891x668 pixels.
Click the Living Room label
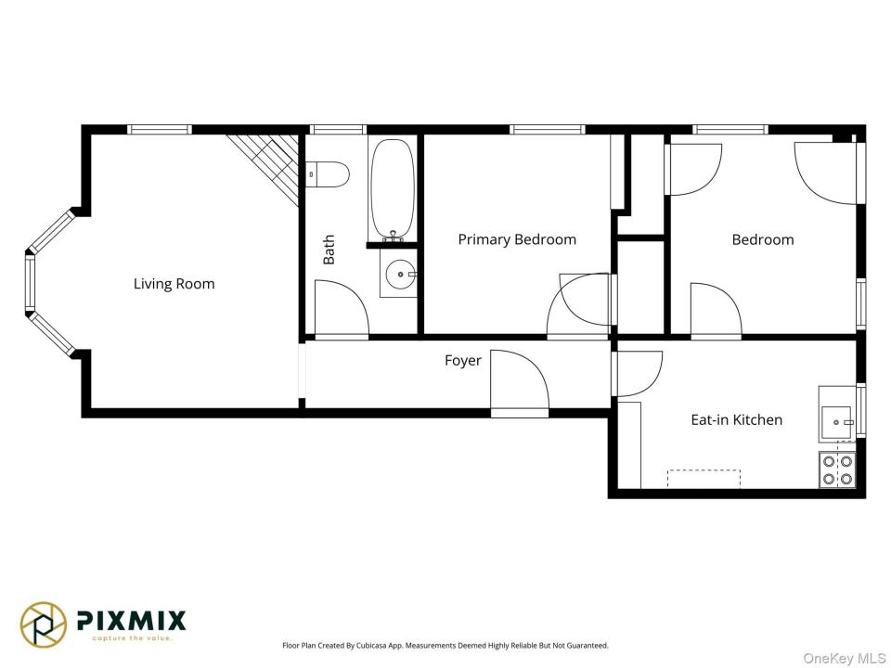coord(174,284)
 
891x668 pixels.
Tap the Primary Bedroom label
coord(517,239)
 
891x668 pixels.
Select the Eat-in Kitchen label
coord(736,419)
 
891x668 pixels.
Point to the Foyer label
coord(463,361)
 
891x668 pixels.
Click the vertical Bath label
coord(329,250)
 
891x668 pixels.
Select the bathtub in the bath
coord(393,189)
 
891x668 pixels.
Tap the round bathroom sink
coord(401,275)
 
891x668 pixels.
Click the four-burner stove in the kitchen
coord(837,469)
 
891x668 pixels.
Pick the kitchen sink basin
coord(836,422)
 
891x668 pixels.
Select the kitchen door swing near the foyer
coord(653,384)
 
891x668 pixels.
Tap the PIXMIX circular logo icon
coord(44,624)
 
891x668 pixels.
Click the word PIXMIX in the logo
coord(131,621)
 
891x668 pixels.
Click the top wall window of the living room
coord(159,130)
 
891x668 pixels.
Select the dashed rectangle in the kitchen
coord(704,479)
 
